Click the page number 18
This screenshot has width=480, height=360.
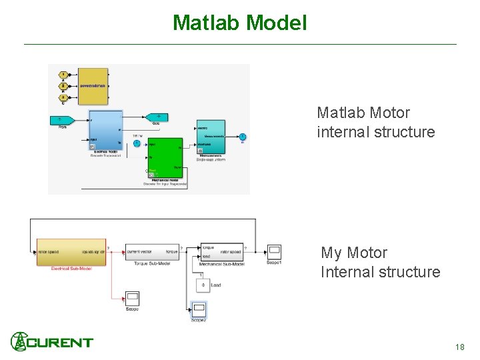[x=459, y=347]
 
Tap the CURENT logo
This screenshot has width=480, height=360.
[x=52, y=342]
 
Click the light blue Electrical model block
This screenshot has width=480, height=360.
[x=105, y=130]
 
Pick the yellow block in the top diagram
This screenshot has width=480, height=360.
[x=93, y=86]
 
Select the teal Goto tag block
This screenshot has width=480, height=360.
[x=157, y=117]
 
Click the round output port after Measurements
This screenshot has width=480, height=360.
[x=243, y=137]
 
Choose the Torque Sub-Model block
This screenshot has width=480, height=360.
[x=152, y=252]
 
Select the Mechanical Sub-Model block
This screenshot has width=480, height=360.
[x=222, y=251]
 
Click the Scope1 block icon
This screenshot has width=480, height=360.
[x=274, y=251]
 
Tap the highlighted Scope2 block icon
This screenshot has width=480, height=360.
[x=199, y=309]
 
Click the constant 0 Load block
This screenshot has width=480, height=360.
[x=201, y=285]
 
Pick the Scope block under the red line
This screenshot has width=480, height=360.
[x=132, y=298]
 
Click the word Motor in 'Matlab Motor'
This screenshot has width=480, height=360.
[x=389, y=113]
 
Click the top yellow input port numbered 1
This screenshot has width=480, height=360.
[x=63, y=74]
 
